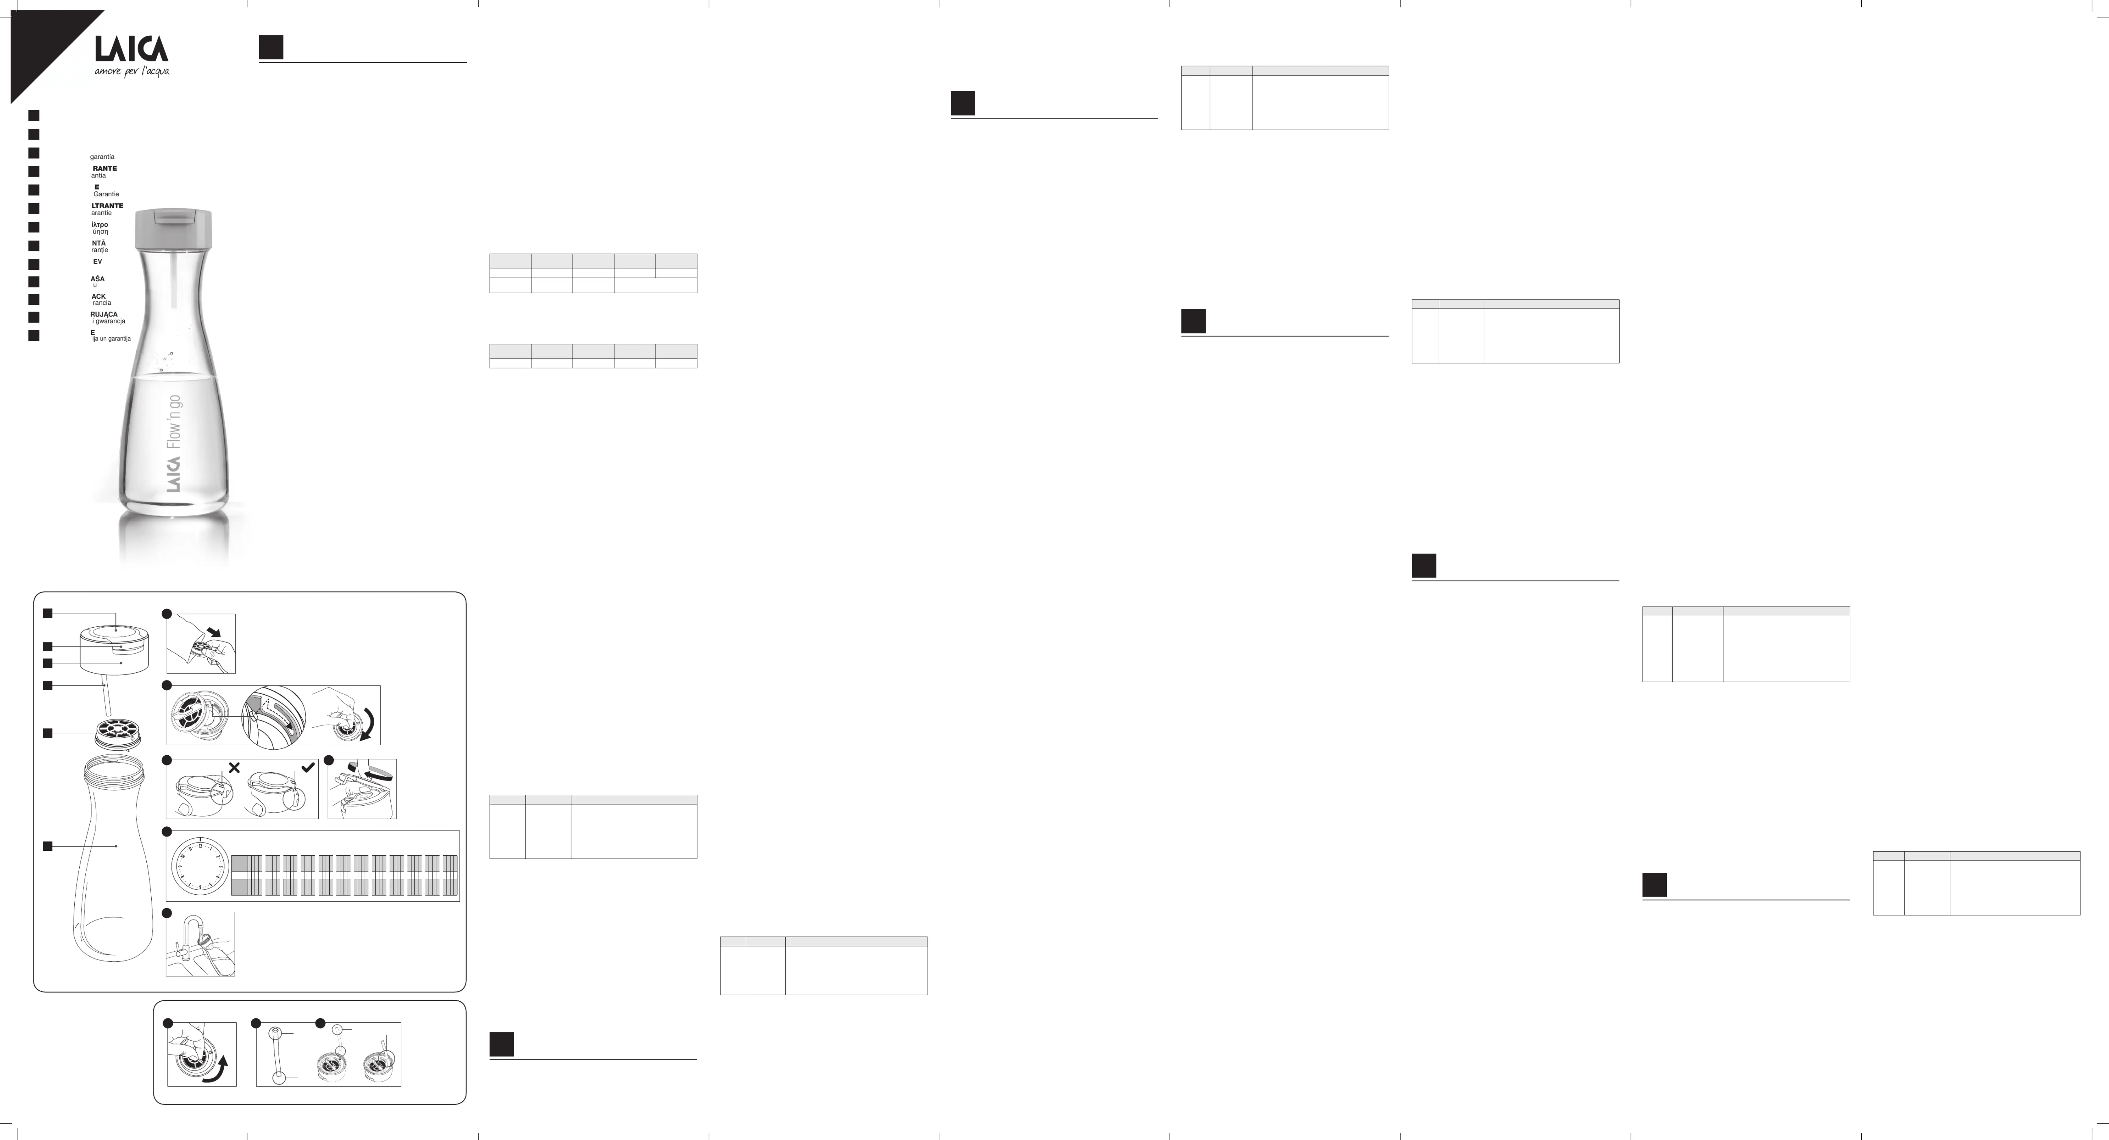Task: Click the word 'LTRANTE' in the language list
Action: (107, 205)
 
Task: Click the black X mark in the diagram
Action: (234, 768)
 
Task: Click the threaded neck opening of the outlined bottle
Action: (115, 768)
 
